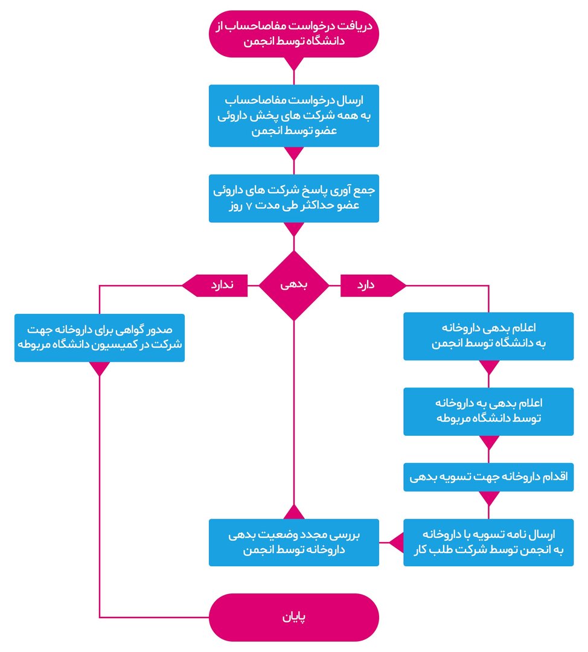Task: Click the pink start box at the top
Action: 293,34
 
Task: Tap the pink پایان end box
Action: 293,617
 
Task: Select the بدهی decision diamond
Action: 293,285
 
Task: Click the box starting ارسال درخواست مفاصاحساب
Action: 293,115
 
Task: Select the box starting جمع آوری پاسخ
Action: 293,198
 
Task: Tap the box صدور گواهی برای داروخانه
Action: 99,337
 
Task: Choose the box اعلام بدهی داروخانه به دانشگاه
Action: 488,336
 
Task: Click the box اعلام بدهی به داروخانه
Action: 488,411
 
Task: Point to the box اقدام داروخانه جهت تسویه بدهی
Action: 488,477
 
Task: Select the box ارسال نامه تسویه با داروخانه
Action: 488,542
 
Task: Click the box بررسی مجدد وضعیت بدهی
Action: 293,542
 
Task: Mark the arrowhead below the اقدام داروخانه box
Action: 488,499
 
